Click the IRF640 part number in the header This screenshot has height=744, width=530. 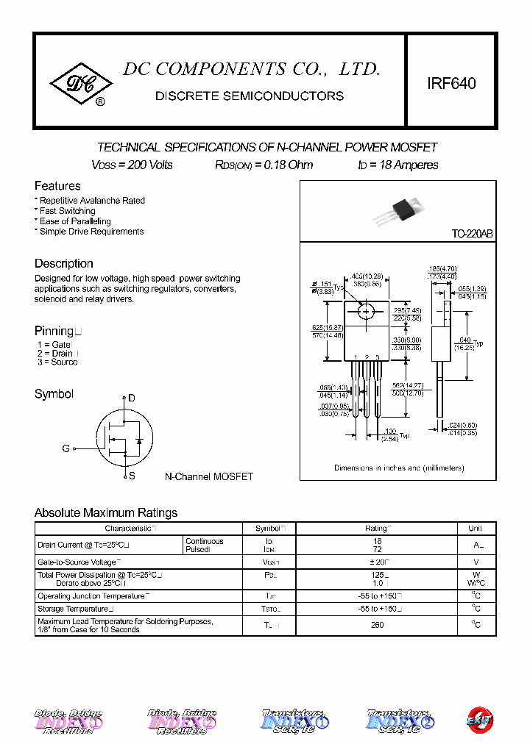coord(451,83)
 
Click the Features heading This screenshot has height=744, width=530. coord(57,186)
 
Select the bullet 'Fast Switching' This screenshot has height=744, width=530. coord(67,211)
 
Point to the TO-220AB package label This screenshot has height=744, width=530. coord(472,234)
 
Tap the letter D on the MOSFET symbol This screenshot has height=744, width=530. coord(132,398)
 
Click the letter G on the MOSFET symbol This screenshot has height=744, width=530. coord(66,448)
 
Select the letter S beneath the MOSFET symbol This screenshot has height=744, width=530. coord(132,476)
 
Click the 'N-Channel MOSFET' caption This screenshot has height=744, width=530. coord(208,476)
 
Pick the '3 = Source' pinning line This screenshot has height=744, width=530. coord(57,362)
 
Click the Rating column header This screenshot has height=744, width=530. coord(378,528)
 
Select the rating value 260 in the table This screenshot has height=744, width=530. coord(377,625)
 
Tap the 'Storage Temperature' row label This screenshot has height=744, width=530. coord(74,609)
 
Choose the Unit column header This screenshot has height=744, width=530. coord(476,528)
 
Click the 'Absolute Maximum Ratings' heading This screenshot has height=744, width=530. coord(106,512)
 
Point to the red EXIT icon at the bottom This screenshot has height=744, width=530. coord(480,719)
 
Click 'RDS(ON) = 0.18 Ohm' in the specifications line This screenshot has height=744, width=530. coord(264,165)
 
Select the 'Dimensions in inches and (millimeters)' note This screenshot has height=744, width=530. coord(399,468)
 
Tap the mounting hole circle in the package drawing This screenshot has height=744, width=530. coord(367,312)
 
